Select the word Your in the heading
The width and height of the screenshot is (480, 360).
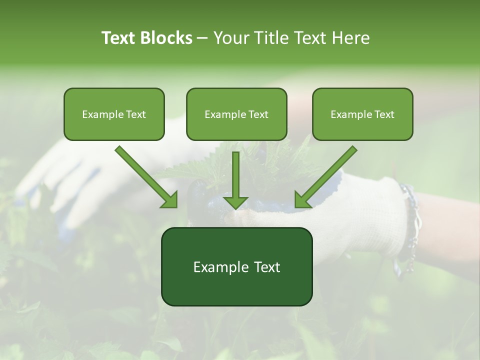pyautogui.click(x=229, y=38)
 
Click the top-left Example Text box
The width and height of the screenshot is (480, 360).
pyautogui.click(x=114, y=114)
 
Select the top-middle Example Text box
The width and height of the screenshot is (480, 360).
pyautogui.click(x=236, y=114)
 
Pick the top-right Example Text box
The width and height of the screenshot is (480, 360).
pyautogui.click(x=362, y=114)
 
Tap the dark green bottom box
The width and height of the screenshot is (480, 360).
pyautogui.click(x=236, y=266)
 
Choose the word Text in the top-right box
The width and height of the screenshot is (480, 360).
pyautogui.click(x=384, y=114)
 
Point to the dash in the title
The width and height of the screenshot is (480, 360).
pyautogui.click(x=202, y=38)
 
